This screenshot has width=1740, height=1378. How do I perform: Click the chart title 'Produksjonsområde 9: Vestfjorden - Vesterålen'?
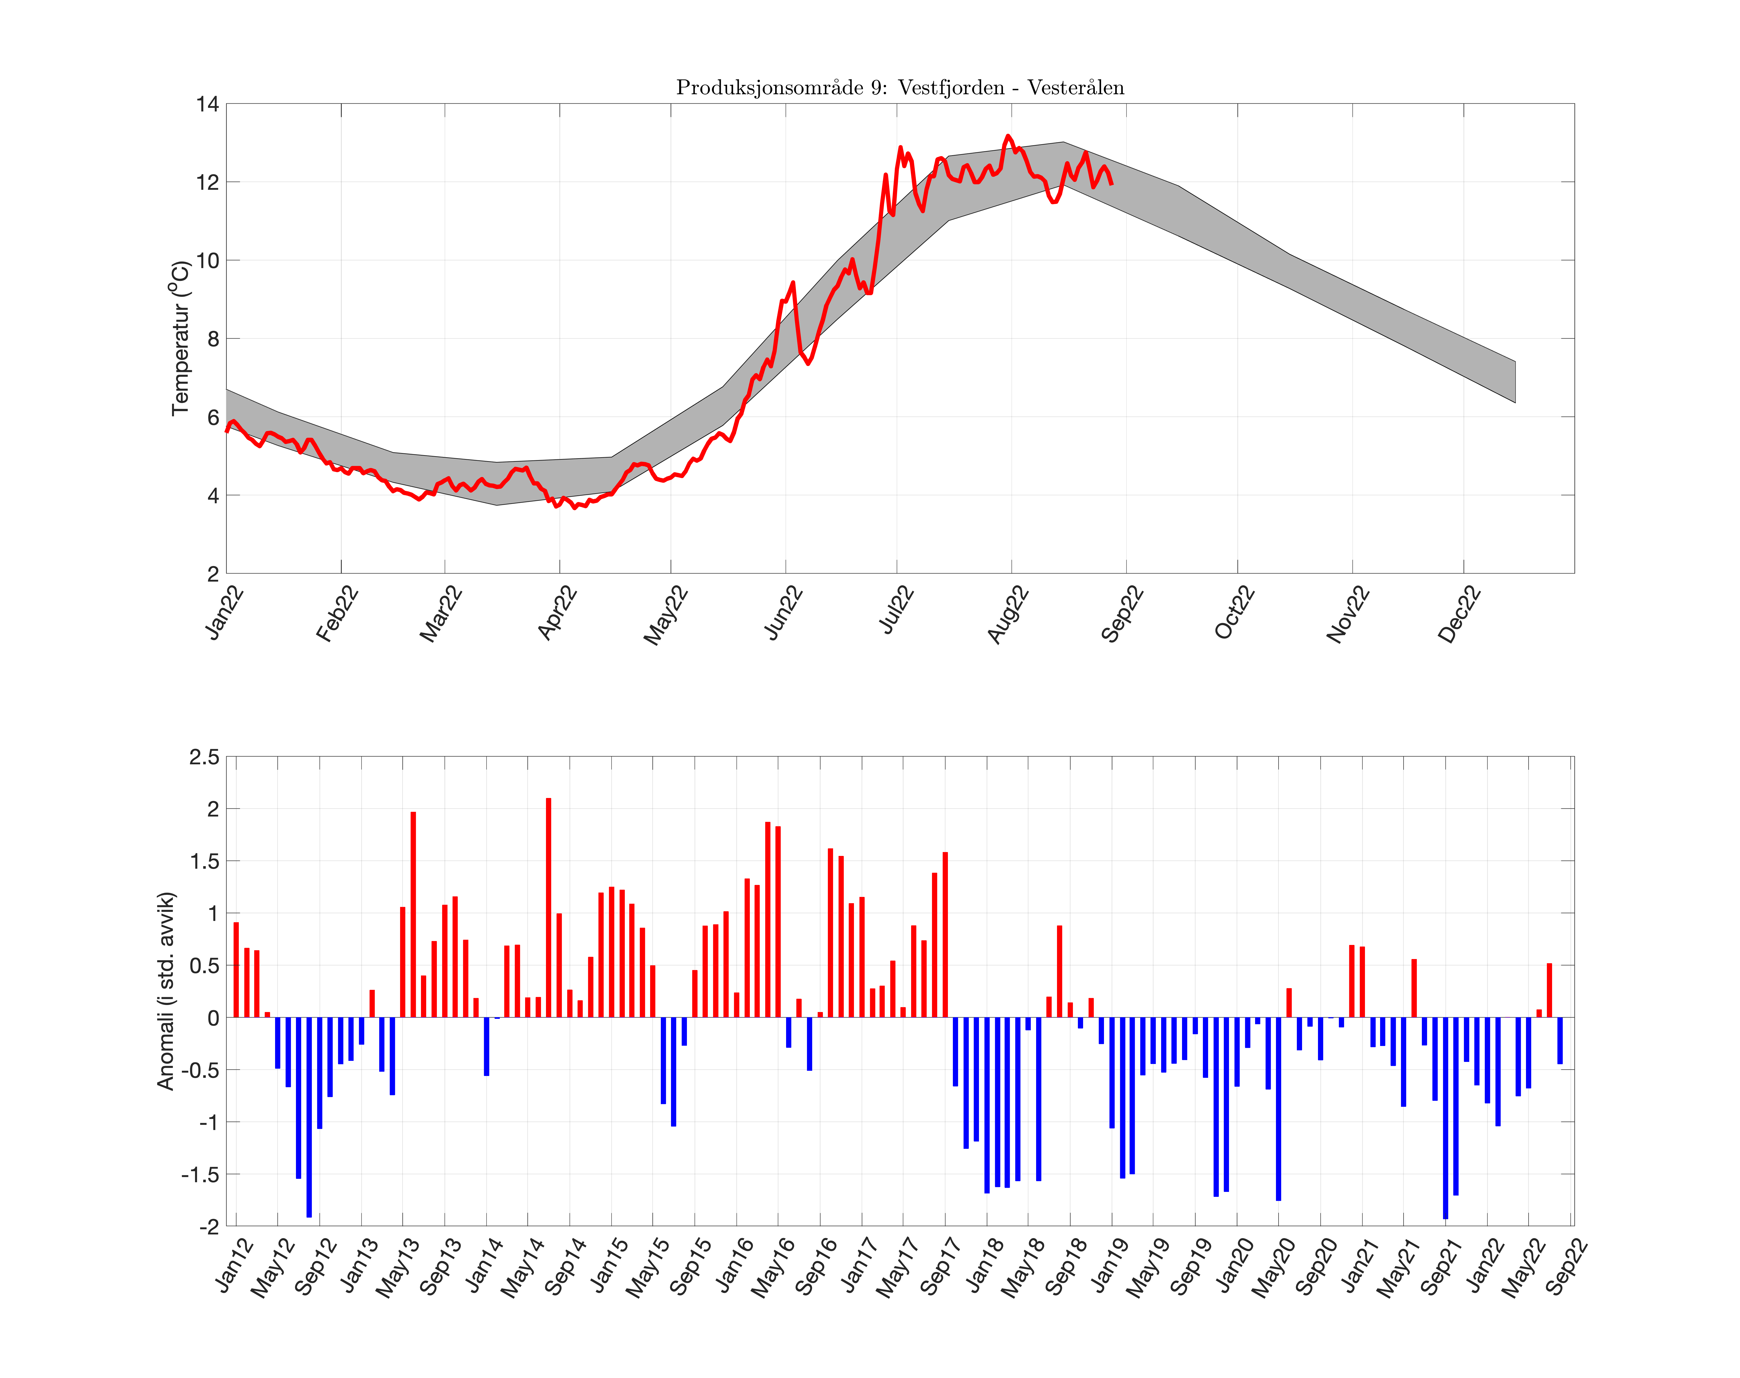pyautogui.click(x=899, y=87)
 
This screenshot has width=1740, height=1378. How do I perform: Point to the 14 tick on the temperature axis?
pyautogui.click(x=207, y=104)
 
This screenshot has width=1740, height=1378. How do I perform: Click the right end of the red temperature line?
pyautogui.click(x=1112, y=184)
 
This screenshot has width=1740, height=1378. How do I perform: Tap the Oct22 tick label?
pyautogui.click(x=1235, y=613)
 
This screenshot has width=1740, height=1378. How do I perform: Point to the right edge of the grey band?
pyautogui.click(x=1515, y=382)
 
